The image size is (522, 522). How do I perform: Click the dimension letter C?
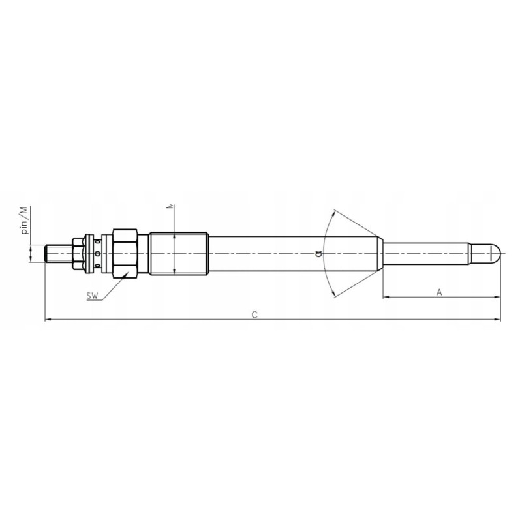pos(254,314)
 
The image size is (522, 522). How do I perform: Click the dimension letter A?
pos(439,292)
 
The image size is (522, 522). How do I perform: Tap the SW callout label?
pos(93,296)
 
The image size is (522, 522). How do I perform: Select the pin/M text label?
pos(23,220)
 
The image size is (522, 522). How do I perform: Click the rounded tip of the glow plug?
pos(495,253)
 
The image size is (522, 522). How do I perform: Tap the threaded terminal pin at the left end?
pos(59,253)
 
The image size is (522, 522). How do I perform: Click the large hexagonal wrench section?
pos(125,253)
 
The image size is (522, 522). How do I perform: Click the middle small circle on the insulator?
pos(98,253)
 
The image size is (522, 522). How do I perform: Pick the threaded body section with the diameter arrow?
pos(178,253)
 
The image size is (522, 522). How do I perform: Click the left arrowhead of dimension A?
pos(386,298)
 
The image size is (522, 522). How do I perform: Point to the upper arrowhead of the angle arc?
pos(333,212)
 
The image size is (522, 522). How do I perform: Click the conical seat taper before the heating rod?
pos(379,253)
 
